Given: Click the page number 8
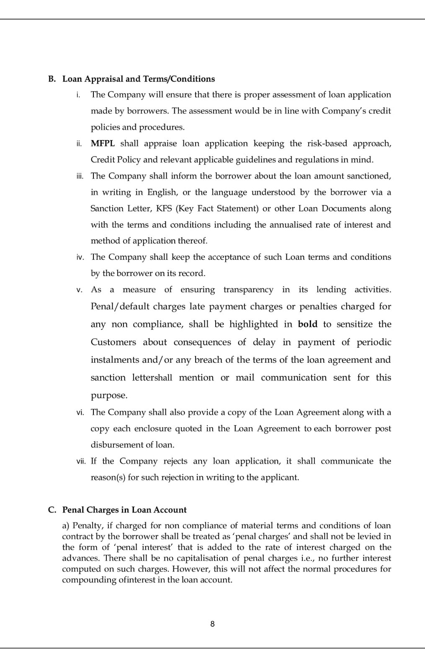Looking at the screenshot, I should point(212,624).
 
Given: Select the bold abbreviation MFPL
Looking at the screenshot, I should point(103,144).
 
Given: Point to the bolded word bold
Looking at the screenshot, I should point(308,324).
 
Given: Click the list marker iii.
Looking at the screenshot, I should point(80,176).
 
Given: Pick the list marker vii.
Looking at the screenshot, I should point(81,462).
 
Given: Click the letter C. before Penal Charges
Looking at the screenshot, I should point(52,510).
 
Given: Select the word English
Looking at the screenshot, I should point(162,192).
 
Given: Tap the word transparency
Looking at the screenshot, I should point(248,290).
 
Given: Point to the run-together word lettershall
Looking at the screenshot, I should point(152,378).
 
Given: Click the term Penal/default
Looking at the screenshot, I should point(120,307).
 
